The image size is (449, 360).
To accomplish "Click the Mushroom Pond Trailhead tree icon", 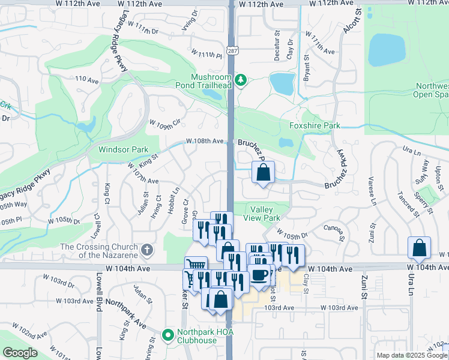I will pos(241,80).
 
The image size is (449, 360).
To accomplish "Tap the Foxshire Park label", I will pos(315,125).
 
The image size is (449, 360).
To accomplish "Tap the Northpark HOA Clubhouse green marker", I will pos(169,334).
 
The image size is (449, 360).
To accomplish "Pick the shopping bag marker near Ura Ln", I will pos(419,247).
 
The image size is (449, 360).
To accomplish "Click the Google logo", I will pos(20,353).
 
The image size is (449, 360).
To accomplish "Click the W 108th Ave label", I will pos(205,141).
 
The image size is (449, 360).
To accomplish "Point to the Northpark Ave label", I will pos(127,313).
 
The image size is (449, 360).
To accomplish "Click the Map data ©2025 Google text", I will pos(411,355).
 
